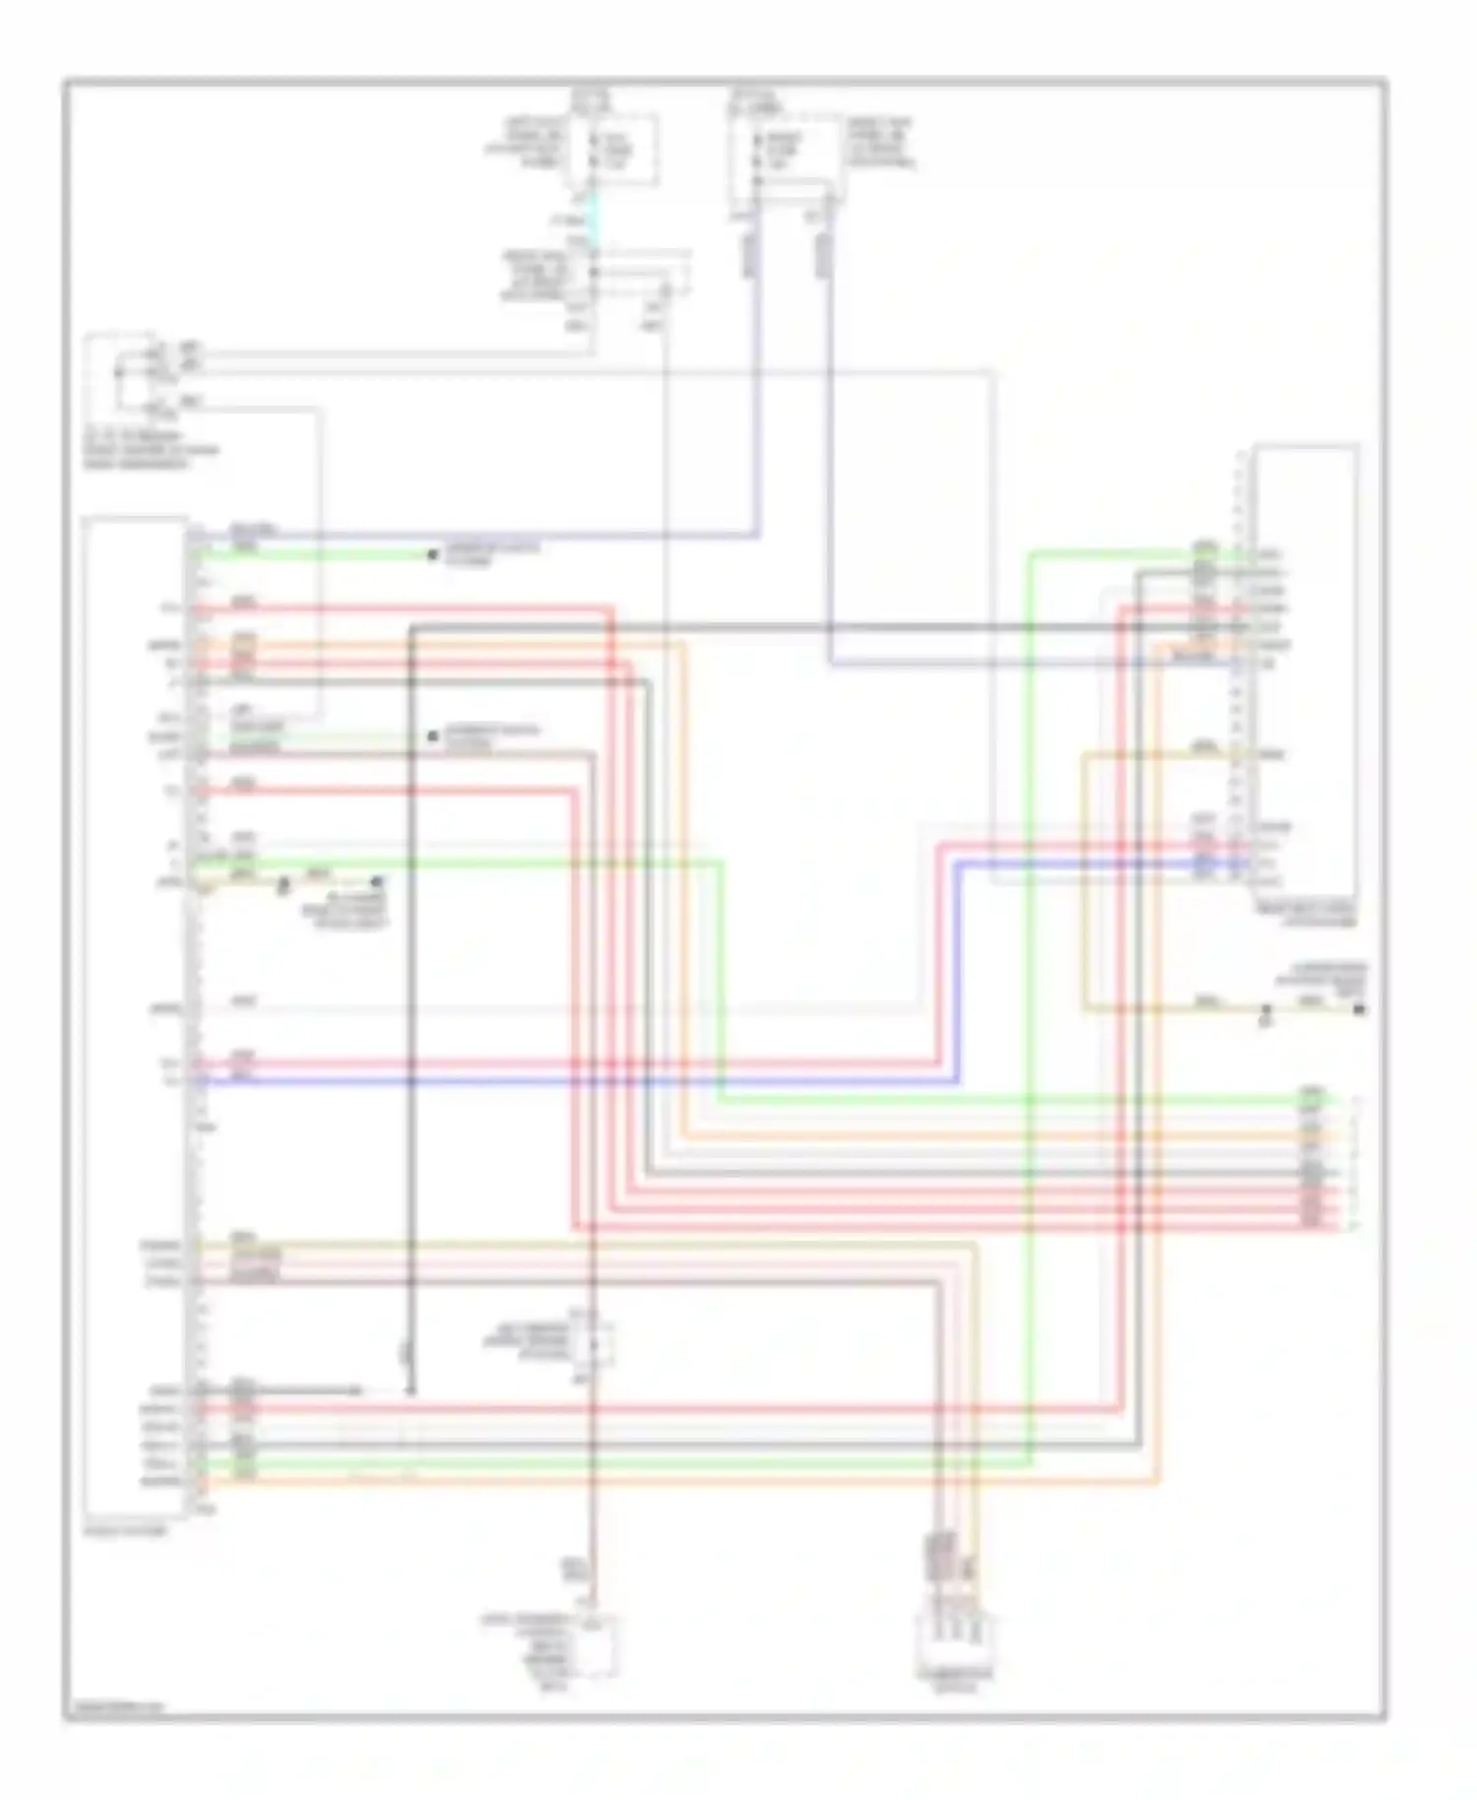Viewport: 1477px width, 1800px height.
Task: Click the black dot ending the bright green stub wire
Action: click(431, 555)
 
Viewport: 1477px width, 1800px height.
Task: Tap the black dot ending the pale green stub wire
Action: click(431, 736)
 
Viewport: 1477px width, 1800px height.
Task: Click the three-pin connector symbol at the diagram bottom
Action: click(951, 1639)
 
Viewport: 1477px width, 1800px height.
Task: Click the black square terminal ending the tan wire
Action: click(1360, 1010)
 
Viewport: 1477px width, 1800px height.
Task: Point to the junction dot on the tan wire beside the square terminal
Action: click(1266, 1010)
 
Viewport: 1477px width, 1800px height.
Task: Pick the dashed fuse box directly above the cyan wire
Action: click(610, 150)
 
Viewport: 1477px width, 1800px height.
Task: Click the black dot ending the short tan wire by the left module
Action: click(377, 881)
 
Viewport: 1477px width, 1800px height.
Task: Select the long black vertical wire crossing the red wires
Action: click(411, 985)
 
